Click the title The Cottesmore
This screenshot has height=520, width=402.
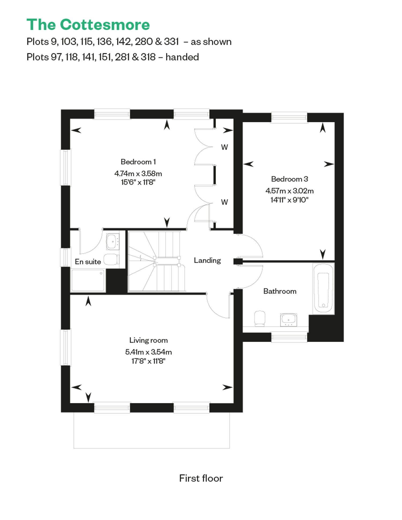pos(88,25)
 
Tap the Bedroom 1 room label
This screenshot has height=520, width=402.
pos(138,162)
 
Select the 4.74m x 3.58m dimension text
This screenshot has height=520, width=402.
pos(138,174)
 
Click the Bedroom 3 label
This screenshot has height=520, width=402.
pos(289,179)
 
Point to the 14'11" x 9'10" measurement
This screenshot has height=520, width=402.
pos(289,200)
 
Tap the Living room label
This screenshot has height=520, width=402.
pos(148,340)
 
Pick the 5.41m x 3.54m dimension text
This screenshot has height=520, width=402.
pos(148,352)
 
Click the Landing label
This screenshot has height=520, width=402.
pos(207,261)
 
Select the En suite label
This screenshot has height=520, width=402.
pos(88,262)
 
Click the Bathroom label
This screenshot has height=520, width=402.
pos(280,291)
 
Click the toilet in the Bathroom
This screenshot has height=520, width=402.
pos(259,318)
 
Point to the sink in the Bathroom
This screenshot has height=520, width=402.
pos(288,320)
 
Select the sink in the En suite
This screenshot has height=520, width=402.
pos(113,242)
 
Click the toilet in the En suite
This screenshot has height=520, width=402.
pos(111,259)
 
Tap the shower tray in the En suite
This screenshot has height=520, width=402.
pos(88,280)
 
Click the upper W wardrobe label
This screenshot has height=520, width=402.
pos(225,147)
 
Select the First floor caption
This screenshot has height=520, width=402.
pos(201,478)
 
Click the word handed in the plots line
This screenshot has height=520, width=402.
pos(182,57)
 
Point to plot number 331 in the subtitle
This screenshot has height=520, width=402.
pos(171,42)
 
